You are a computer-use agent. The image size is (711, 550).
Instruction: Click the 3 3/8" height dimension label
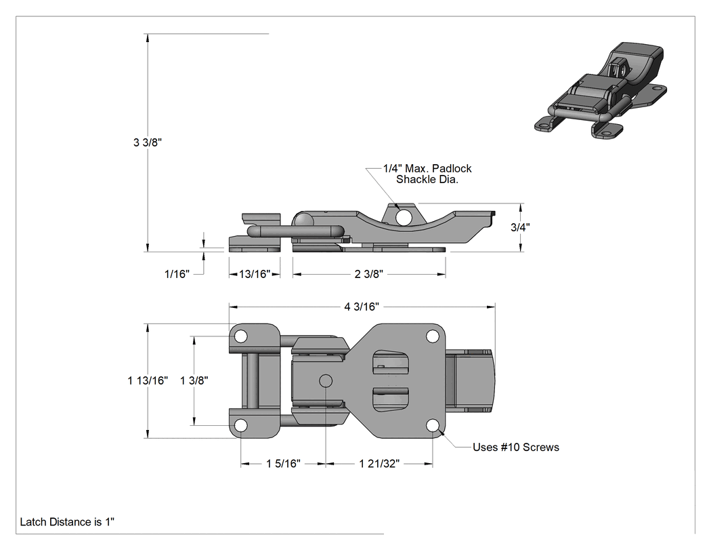148,142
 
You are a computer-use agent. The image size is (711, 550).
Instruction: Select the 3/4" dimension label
520,227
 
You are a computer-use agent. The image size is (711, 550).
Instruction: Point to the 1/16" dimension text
177,274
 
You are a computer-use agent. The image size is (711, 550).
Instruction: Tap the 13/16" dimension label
255,274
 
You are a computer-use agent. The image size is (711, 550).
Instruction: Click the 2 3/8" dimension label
368,274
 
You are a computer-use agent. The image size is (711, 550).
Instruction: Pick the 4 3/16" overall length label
362,307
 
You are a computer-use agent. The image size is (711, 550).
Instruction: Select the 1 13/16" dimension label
148,380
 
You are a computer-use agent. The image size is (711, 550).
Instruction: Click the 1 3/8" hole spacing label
194,380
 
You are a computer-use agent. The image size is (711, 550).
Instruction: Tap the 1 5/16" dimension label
284,463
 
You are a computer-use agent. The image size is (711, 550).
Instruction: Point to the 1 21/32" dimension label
379,463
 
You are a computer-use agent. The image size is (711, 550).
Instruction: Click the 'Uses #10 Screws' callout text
515,448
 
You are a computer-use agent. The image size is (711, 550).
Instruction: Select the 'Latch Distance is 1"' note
67,522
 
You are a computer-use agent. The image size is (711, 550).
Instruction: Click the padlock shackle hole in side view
403,217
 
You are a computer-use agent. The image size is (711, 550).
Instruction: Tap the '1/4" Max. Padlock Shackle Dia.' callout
427,174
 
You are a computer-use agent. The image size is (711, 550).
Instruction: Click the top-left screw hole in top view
241,336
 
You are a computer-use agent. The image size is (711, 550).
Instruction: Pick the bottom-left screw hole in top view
241,426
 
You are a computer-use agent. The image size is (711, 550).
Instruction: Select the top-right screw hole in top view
433,336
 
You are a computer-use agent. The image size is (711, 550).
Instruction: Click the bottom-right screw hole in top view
433,426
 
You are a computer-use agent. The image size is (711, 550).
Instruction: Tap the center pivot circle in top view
326,380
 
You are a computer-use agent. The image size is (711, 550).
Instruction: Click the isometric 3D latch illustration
601,91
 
